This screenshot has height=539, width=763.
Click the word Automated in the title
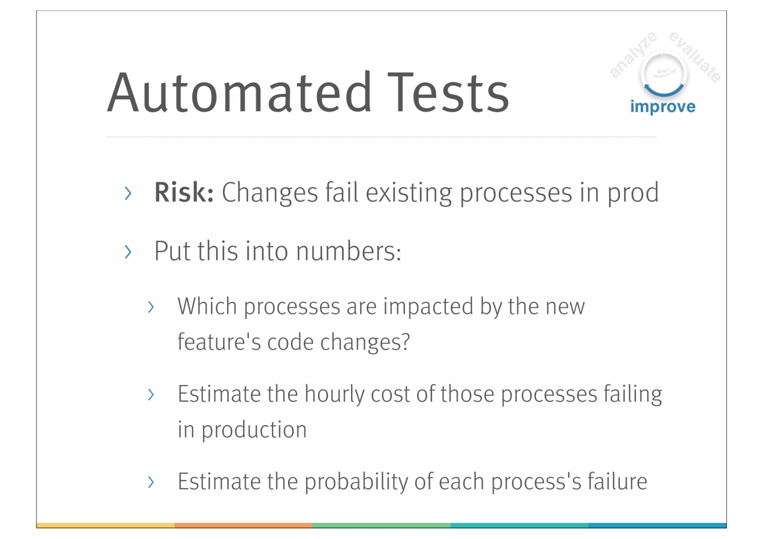tap(239, 92)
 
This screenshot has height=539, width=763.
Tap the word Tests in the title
tap(448, 92)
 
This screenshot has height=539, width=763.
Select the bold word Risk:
tap(184, 193)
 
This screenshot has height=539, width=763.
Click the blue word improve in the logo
tap(663, 107)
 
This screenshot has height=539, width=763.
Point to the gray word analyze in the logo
tap(633, 54)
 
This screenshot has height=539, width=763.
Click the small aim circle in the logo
tap(663, 72)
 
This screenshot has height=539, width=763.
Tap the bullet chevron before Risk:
tap(128, 193)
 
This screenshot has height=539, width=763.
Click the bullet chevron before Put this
tap(128, 252)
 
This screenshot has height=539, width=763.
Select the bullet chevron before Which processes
tap(151, 307)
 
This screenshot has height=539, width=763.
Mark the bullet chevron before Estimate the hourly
tap(151, 394)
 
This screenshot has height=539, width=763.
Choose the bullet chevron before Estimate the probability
tap(151, 482)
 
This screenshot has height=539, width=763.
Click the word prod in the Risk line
tap(633, 193)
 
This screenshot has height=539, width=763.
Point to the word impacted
tap(428, 307)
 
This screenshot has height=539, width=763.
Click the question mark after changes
tap(405, 341)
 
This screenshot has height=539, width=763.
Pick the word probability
tap(356, 482)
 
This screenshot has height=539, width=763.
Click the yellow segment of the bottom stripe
tap(105, 525)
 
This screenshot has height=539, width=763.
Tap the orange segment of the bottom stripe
tap(244, 525)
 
